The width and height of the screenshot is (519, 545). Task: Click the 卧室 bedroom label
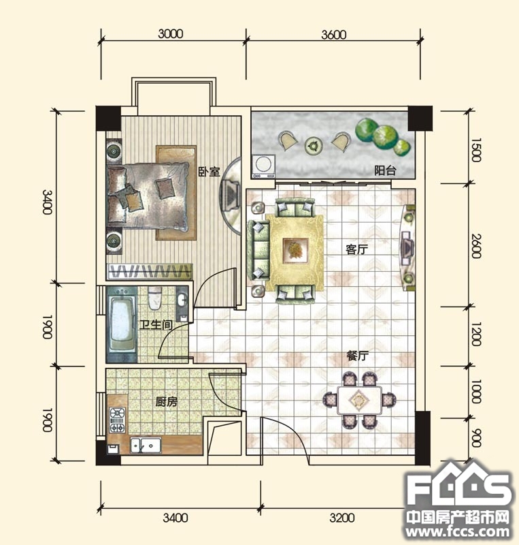click(x=209, y=172)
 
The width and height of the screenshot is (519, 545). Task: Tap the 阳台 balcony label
click(x=385, y=170)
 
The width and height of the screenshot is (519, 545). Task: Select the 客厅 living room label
click(x=356, y=249)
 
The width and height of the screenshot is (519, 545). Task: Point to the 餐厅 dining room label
click(x=357, y=356)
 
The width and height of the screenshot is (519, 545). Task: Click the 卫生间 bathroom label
click(x=156, y=325)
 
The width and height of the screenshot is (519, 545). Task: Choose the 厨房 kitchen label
click(x=166, y=402)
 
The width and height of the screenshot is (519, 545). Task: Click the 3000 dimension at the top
click(x=171, y=33)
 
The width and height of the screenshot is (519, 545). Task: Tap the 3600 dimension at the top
click(x=333, y=35)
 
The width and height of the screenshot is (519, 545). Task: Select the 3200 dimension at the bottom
click(x=342, y=518)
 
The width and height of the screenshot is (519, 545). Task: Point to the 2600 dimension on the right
click(x=477, y=246)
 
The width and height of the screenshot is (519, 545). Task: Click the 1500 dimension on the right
click(x=476, y=150)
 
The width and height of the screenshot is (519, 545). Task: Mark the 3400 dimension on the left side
click(x=47, y=202)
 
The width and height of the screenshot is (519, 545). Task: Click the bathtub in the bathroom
click(x=122, y=324)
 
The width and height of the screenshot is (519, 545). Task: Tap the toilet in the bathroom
click(x=155, y=298)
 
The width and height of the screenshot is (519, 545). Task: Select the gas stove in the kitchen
click(x=118, y=420)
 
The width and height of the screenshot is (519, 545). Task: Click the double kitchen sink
click(x=146, y=446)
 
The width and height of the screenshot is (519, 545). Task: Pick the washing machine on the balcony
click(x=264, y=166)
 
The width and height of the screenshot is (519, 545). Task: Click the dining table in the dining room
click(x=359, y=400)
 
